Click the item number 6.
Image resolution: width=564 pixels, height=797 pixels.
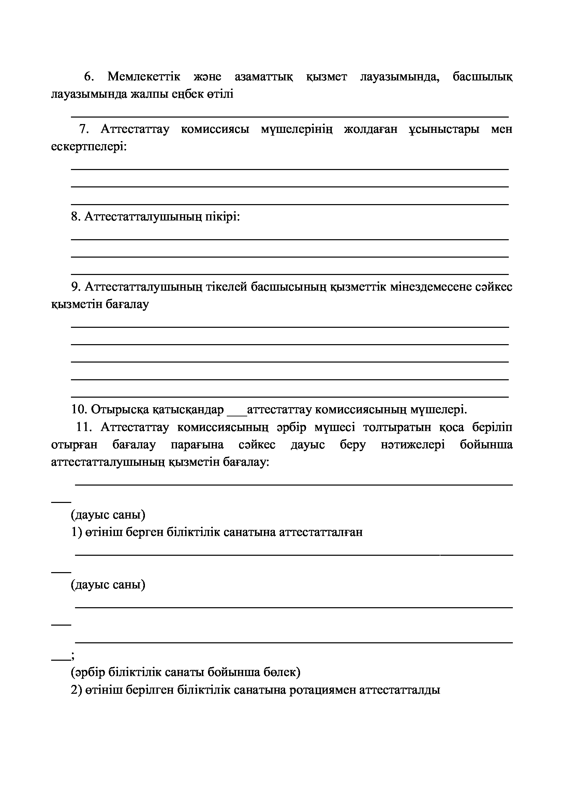(89, 77)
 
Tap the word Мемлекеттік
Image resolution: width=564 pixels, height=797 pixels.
(144, 77)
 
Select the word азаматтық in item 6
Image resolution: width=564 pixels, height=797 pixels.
(264, 77)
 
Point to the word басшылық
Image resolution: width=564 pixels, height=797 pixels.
(483, 77)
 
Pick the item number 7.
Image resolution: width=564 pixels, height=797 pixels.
(84, 129)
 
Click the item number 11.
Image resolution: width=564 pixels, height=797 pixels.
(83, 427)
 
